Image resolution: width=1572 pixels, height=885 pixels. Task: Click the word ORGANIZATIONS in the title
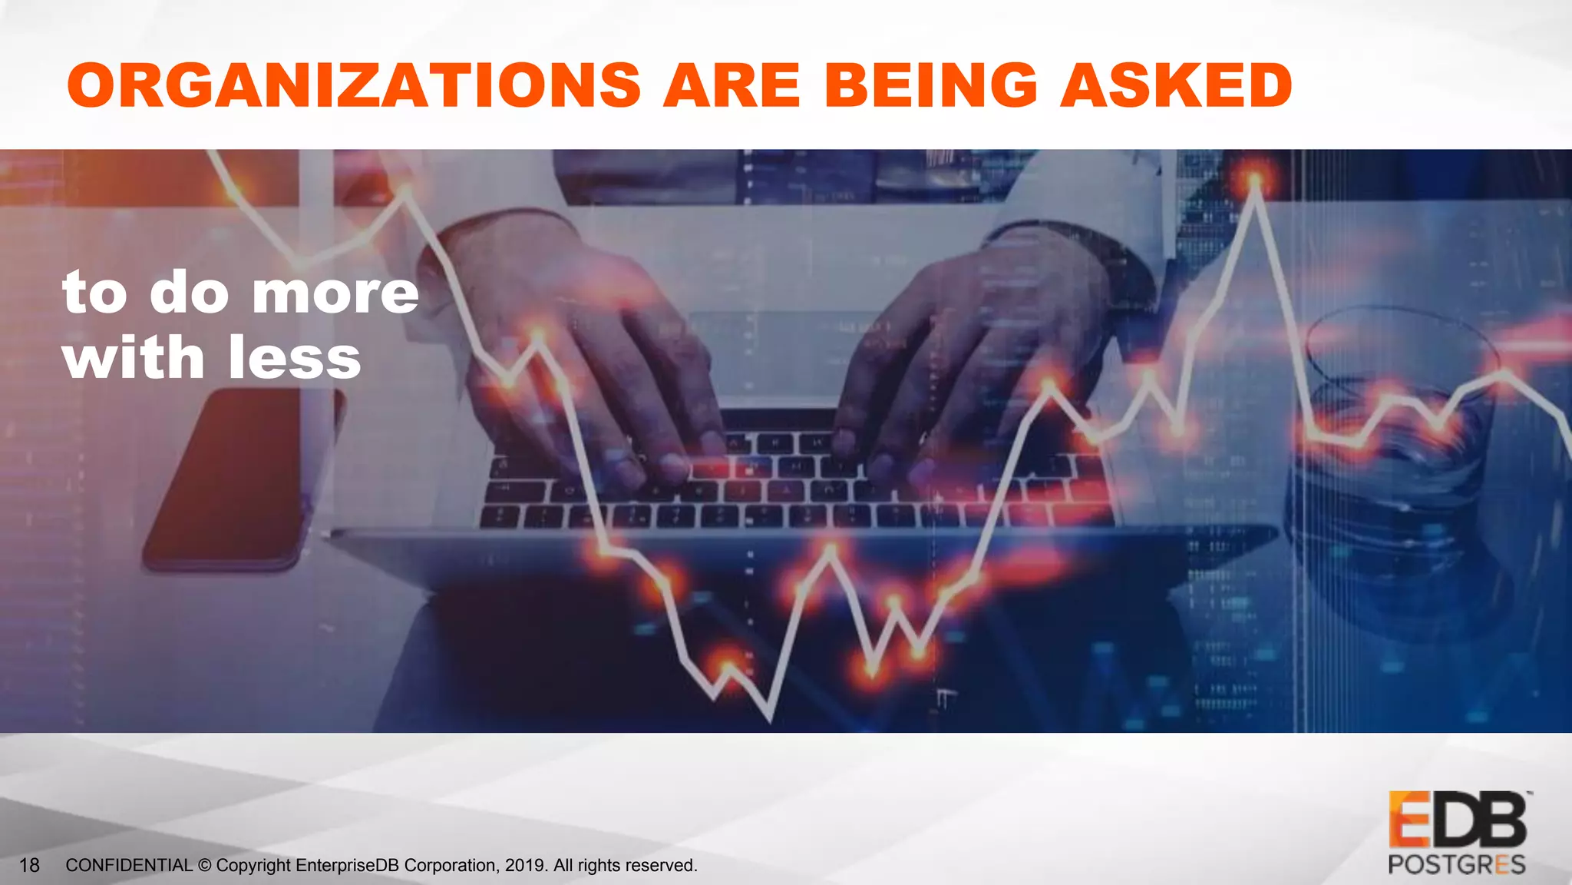(x=354, y=85)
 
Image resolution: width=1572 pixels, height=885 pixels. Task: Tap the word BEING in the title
(x=931, y=85)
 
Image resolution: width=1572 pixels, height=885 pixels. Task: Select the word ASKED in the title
(x=1177, y=85)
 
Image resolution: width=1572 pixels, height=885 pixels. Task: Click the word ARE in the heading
(x=732, y=85)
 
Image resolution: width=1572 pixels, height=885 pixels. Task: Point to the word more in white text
(x=335, y=293)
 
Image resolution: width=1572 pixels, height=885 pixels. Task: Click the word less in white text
(x=294, y=358)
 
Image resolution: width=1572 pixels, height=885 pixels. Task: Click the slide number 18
(x=29, y=865)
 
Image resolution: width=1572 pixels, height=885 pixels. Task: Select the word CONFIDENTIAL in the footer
(x=129, y=865)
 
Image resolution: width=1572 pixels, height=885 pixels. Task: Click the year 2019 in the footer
(x=525, y=865)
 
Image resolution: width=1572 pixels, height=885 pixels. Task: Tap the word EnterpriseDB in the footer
(x=347, y=865)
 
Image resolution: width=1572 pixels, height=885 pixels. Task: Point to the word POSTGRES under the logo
(x=1456, y=864)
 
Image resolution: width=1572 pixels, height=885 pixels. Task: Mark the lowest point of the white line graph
(x=770, y=718)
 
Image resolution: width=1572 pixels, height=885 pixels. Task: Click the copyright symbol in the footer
(x=204, y=865)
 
